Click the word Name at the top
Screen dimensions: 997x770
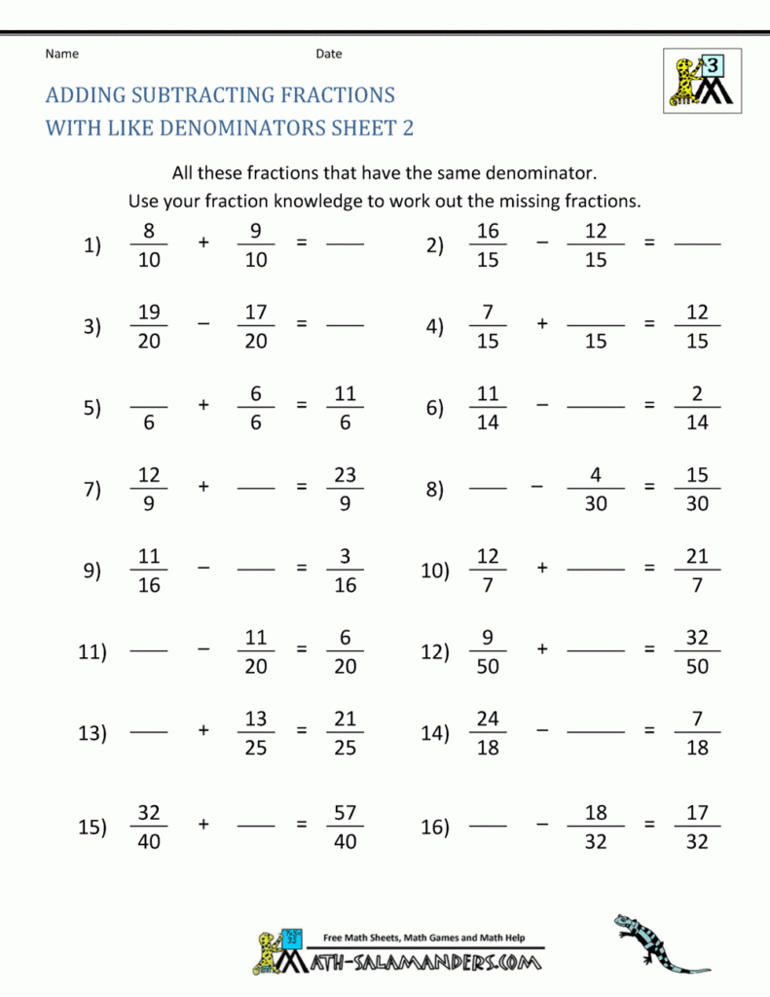pos(61,54)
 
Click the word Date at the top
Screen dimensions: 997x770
pos(328,54)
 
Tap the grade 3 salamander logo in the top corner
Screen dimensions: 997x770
pos(700,80)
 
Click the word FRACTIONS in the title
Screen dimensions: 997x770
pos(332,95)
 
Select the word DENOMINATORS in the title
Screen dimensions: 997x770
pos(240,128)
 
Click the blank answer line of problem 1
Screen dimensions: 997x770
pos(345,245)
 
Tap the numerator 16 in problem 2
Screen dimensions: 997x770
pos(488,231)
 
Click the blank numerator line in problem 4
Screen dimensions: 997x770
pos(596,325)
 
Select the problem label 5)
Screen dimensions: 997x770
pos(92,408)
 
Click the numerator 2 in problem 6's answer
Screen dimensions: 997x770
pos(697,394)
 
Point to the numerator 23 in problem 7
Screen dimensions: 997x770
pos(345,475)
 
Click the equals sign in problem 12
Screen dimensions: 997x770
pos(649,651)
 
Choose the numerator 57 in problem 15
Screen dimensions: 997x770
pos(345,812)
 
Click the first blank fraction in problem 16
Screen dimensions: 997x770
pos(488,827)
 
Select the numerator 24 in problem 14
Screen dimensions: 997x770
pos(488,720)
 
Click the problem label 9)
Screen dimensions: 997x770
pos(92,572)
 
